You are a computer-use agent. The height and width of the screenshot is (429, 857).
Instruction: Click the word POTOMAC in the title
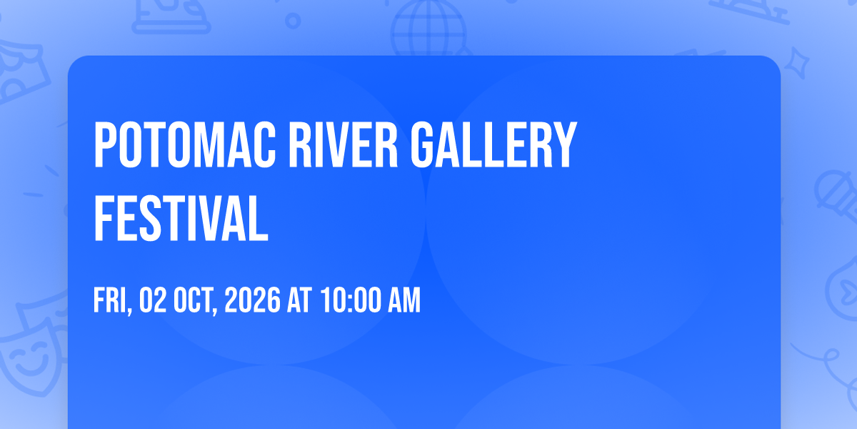[185, 144]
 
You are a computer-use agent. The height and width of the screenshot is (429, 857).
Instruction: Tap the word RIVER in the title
[344, 144]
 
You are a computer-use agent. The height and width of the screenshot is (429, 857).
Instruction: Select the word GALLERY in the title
[493, 144]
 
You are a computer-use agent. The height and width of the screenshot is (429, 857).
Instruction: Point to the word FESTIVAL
[181, 218]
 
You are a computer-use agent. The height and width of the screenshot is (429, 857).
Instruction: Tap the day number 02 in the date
[153, 300]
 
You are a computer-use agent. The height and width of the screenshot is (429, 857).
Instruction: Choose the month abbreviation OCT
[195, 301]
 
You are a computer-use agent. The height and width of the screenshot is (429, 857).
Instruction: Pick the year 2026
[253, 300]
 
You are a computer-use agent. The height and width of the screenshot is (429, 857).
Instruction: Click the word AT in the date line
[299, 300]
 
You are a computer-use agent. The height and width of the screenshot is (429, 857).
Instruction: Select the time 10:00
[351, 300]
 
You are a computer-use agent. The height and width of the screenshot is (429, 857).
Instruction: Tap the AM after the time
[404, 300]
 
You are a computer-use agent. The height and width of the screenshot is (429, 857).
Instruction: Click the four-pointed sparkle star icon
[797, 63]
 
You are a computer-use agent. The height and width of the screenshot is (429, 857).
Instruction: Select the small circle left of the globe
[293, 21]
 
